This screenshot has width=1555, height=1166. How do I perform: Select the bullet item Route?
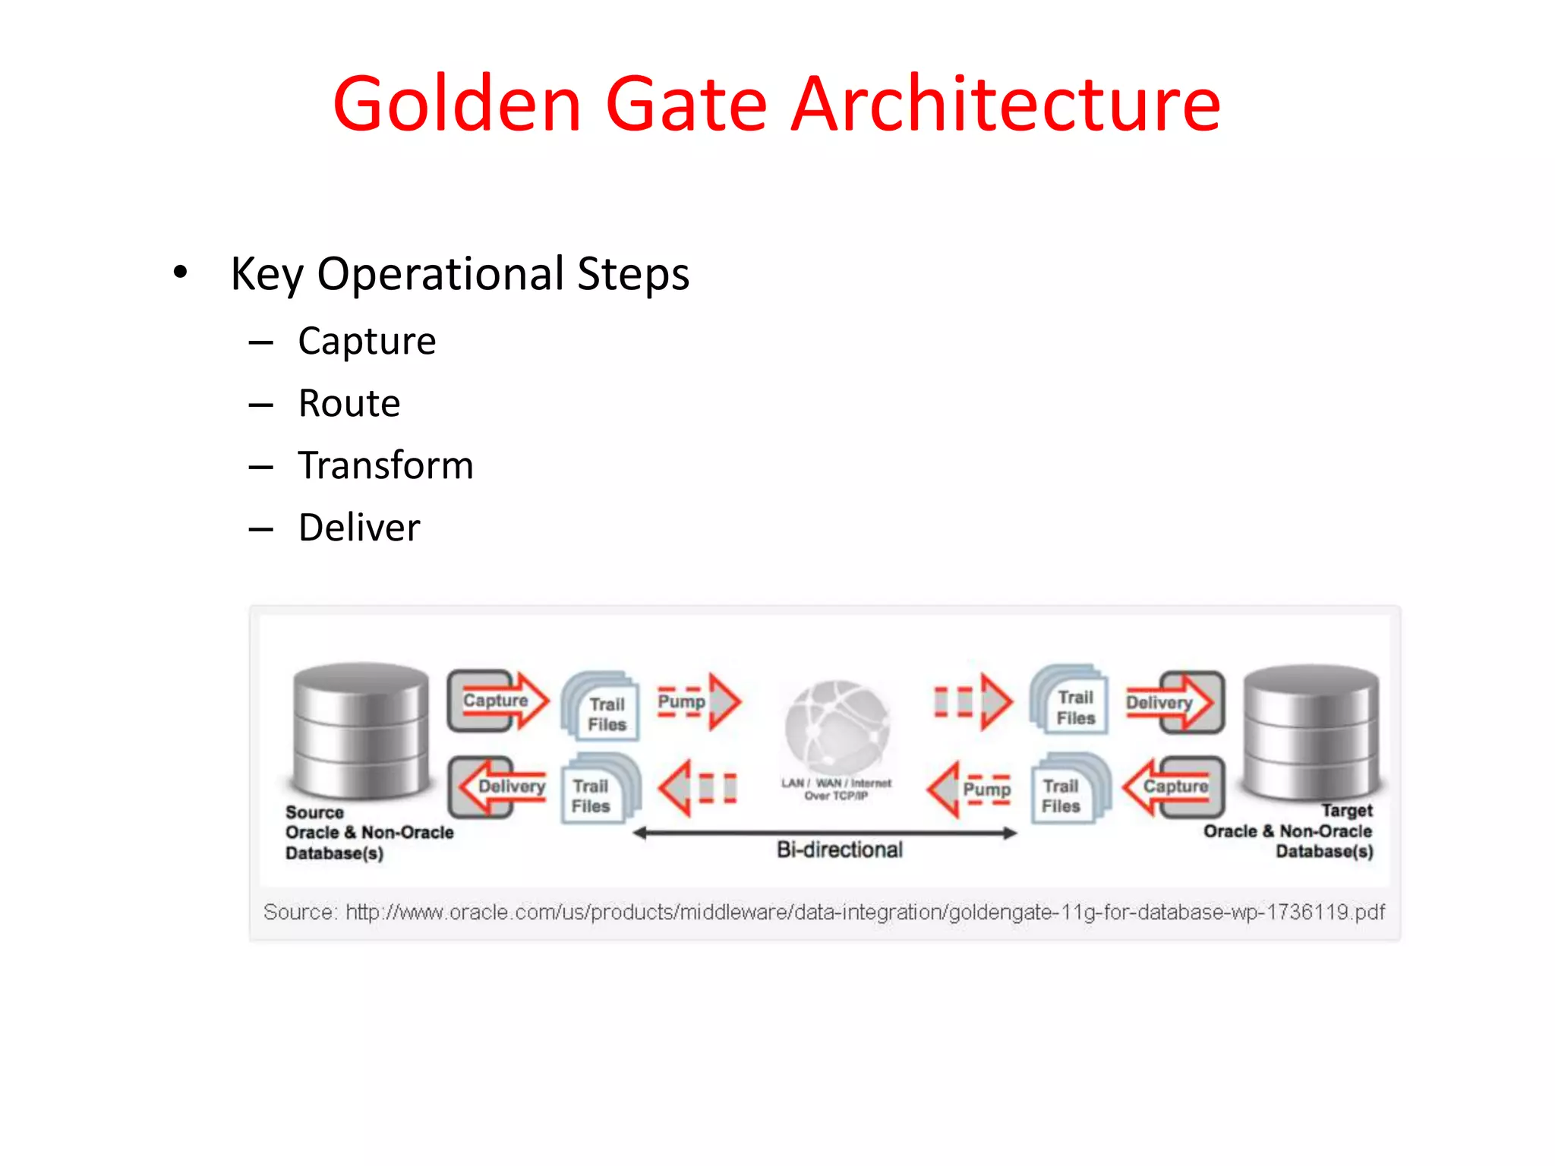(x=349, y=403)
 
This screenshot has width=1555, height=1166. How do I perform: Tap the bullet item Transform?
(x=386, y=465)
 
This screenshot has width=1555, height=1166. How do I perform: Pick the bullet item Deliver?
(x=359, y=528)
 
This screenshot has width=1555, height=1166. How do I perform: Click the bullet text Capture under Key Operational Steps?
(x=367, y=341)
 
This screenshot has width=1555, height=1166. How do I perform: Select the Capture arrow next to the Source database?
(x=497, y=701)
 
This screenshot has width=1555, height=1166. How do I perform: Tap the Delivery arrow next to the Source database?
(x=501, y=786)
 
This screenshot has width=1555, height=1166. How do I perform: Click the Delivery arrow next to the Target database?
(x=1173, y=702)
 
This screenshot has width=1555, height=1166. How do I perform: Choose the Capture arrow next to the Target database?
(x=1174, y=786)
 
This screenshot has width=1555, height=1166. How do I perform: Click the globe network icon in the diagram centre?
(x=837, y=725)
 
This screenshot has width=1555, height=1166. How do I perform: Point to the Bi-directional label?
(x=840, y=849)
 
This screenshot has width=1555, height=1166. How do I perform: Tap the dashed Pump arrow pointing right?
(x=697, y=701)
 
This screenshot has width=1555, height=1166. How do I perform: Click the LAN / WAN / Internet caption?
(x=837, y=789)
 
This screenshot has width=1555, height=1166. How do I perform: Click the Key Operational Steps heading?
(x=460, y=274)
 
